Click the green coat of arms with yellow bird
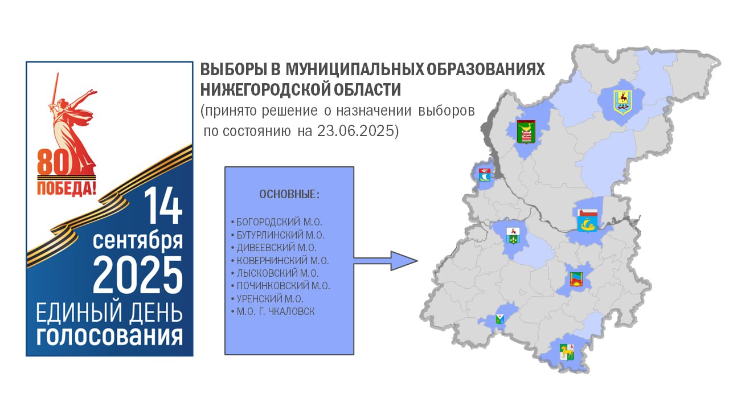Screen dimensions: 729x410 pos(526,132)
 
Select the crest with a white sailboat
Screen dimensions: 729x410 pos(485,175)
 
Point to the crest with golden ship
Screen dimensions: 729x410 pos(587,220)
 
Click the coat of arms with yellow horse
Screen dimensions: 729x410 pos(567,352)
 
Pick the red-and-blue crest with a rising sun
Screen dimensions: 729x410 pos(576,280)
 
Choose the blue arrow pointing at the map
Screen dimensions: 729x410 pos(386,261)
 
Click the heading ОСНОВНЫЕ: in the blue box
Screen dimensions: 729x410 pos(289,194)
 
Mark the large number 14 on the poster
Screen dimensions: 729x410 pos(163,206)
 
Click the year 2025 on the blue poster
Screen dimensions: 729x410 pos(138,275)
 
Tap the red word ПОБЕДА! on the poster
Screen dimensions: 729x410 pos(67,188)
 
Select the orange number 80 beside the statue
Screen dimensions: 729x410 pos(54,162)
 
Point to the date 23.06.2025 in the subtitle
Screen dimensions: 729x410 pos(358,131)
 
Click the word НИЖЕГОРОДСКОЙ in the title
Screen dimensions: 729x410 pos(265,90)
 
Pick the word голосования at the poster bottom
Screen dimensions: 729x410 pos(109,336)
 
